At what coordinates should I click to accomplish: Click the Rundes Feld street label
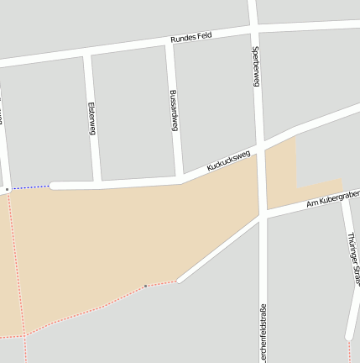(191, 37)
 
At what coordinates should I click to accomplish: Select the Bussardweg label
(174, 110)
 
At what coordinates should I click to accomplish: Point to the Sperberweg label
(255, 66)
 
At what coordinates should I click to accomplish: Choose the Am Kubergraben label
(333, 198)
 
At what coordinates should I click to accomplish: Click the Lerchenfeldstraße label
(263, 333)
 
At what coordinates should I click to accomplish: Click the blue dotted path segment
(29, 187)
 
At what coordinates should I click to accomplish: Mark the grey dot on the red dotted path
(145, 287)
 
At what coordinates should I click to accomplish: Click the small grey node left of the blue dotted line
(7, 190)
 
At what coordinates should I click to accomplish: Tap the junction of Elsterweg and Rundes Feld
(87, 55)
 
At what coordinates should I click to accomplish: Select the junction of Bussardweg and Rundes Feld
(169, 42)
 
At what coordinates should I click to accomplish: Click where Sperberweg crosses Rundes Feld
(253, 29)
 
